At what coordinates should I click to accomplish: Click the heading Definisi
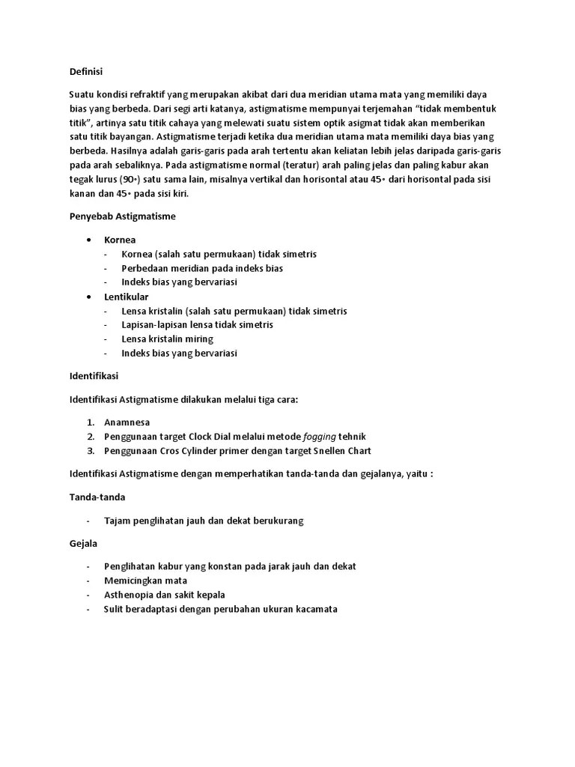point(85,71)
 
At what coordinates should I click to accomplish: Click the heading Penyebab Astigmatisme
point(122,216)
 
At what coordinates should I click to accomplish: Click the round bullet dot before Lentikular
point(89,297)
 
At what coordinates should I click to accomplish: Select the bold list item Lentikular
point(126,297)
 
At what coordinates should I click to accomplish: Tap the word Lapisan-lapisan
point(154,325)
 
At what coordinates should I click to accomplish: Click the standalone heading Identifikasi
point(94,375)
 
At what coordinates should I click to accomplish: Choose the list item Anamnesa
point(127,422)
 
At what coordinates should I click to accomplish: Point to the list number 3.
point(89,451)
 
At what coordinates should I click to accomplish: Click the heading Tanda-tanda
point(97,497)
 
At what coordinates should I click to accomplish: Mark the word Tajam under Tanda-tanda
point(118,521)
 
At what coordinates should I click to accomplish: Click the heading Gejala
point(84,543)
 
